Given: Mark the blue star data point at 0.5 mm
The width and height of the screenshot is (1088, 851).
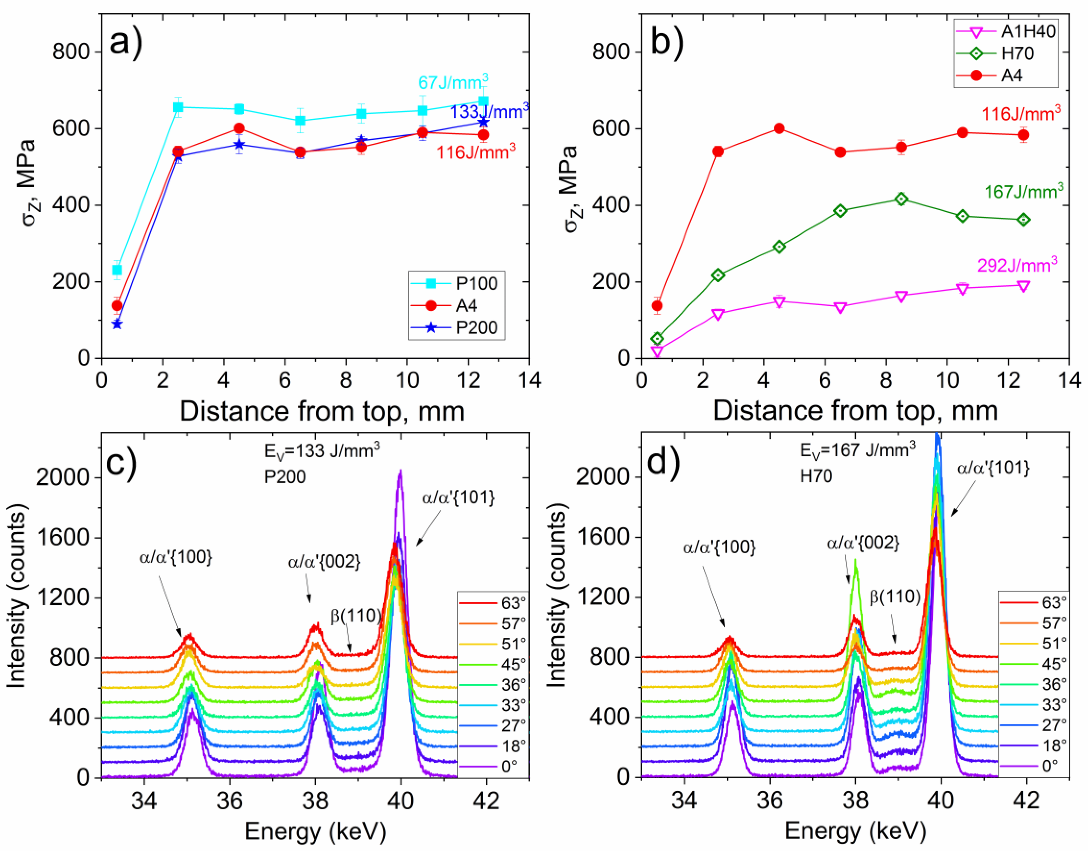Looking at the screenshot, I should (x=117, y=324).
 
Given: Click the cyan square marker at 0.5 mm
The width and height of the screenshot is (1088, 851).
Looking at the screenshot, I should (x=117, y=270).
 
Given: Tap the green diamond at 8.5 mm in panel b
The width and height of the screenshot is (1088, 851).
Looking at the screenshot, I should (x=901, y=199).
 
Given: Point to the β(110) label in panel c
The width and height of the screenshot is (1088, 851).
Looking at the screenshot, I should (x=356, y=616).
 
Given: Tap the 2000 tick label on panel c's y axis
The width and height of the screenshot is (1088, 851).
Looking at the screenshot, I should (x=59, y=478).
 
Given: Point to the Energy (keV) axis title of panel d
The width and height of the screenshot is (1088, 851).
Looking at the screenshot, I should (x=855, y=831).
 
